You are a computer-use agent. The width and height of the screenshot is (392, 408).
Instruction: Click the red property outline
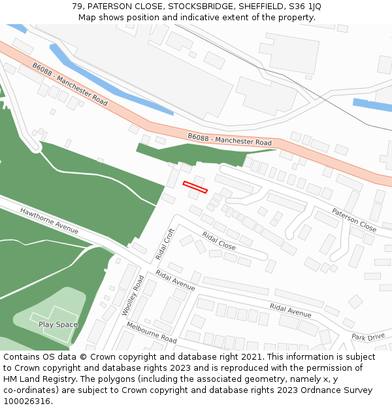pos(195,187)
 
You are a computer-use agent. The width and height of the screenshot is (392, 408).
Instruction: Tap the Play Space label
pos(57,324)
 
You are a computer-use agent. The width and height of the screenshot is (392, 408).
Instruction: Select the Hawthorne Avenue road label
pos(49,221)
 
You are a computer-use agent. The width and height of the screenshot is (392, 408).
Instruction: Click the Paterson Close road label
pos(354,220)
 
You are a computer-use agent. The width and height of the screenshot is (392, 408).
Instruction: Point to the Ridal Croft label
pos(165,243)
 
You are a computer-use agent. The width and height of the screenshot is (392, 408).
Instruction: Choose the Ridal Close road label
pos(219,241)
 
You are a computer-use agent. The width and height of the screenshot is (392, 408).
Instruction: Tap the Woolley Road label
pos(133,295)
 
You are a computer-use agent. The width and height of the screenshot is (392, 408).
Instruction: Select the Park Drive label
pos(368,337)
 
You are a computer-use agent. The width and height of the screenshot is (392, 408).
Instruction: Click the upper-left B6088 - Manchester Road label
pos(70,84)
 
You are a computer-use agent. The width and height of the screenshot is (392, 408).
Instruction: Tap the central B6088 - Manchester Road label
pos(229,139)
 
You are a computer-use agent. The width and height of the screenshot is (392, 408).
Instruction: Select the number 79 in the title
pos(77,7)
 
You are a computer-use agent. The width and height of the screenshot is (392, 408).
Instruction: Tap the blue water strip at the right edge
pos(372,104)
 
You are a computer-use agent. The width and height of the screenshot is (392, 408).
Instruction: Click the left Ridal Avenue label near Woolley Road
pos(175,282)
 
